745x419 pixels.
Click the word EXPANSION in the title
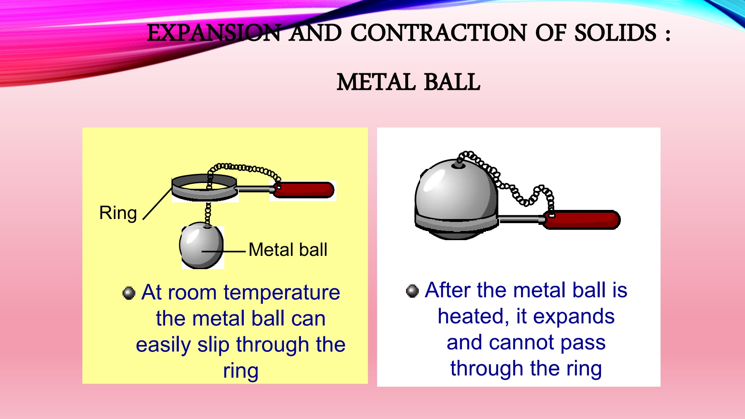214,33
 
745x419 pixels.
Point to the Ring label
118,213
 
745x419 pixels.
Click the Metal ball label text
288,250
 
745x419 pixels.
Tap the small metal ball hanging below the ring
202,246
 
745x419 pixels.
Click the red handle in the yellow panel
304,190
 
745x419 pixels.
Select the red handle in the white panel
582,220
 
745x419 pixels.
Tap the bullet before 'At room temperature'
129,293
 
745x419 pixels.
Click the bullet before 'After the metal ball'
412,291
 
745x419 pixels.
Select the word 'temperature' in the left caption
282,293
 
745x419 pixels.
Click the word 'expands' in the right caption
574,316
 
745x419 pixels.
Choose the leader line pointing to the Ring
158,203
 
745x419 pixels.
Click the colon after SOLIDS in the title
667,34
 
